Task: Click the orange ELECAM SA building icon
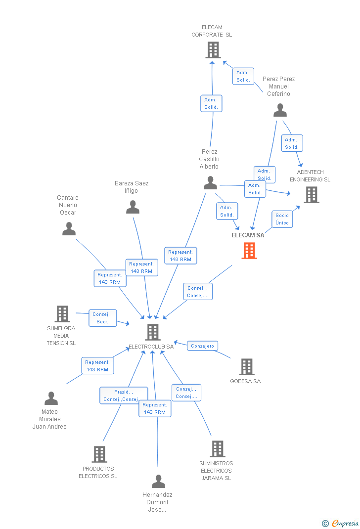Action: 249,251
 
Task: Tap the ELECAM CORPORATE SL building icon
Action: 213,50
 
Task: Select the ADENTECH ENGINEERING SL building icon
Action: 311,195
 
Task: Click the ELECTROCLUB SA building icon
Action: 153,332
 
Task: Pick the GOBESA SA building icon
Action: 246,367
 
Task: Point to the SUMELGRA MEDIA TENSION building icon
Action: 62,314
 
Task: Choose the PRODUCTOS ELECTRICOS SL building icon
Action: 99,454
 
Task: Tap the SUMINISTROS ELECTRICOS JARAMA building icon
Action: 217,449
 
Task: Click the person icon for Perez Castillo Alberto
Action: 210,183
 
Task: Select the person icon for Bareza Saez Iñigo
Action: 133,207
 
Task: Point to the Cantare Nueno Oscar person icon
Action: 69,228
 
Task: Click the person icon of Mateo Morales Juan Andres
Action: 51,398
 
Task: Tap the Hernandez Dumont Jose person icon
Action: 158,481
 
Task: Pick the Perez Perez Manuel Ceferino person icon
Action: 280,110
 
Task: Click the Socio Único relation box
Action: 282,219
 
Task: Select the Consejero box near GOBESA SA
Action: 202,346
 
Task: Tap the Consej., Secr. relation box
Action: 103,318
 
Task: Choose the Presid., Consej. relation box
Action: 123,396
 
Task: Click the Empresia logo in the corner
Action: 340,523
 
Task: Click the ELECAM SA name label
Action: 248,235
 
